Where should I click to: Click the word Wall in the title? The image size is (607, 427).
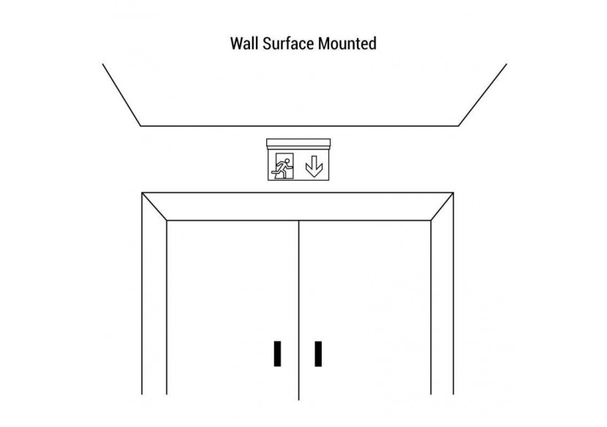coord(245,43)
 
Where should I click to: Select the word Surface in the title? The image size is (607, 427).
coord(288,43)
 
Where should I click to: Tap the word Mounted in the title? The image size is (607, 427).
coord(347,43)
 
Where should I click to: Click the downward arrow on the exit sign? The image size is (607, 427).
coord(314,166)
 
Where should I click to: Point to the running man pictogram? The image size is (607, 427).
coord(284,166)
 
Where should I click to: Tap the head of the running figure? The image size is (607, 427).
coord(287,161)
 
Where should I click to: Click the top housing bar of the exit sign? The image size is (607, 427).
coord(298,143)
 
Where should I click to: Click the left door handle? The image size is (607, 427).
coord(277,353)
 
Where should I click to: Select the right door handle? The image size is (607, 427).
coord(318,353)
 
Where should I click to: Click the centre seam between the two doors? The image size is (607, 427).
coord(298,310)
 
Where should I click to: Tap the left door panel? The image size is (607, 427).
coord(233,308)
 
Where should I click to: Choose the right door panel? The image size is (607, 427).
coord(365,308)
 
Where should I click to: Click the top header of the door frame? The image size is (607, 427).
coord(298,206)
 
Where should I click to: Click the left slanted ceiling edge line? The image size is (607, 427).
coord(121,95)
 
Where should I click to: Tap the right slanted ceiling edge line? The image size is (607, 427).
coord(483,95)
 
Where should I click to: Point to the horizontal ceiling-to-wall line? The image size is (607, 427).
coord(299,126)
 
